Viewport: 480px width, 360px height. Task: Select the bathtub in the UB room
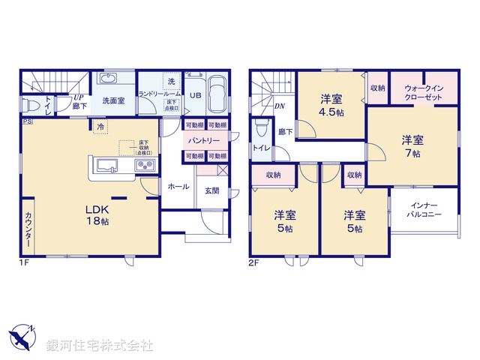(217, 95)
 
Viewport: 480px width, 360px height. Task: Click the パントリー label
(204, 141)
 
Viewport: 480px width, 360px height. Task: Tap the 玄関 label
(212, 190)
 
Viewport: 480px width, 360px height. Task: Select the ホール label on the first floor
(178, 186)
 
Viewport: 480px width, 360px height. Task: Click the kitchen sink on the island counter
(104, 166)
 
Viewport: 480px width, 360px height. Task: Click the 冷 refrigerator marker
(100, 127)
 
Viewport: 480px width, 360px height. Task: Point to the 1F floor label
(25, 262)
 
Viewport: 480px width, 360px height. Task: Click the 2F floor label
(255, 262)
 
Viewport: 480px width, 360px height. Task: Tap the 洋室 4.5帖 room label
(332, 104)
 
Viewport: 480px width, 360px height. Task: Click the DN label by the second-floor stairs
(280, 107)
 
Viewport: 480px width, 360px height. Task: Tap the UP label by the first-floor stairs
(77, 97)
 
